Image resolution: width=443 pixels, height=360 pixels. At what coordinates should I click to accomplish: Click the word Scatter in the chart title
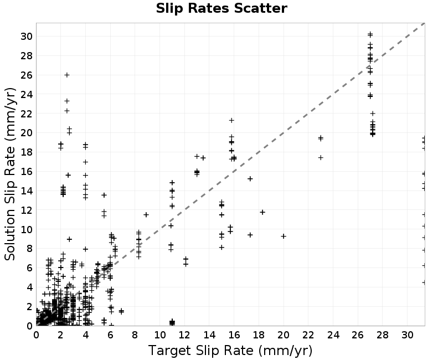click(260, 8)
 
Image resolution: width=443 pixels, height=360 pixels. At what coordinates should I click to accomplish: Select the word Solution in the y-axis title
click(10, 235)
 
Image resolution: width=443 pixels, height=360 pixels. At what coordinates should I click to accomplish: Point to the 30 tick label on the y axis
click(26, 36)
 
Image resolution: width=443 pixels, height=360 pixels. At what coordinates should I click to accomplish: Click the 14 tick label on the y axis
click(26, 191)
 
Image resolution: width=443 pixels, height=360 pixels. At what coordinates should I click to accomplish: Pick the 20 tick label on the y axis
click(26, 132)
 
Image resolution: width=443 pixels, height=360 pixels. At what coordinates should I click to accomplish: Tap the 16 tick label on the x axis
click(234, 335)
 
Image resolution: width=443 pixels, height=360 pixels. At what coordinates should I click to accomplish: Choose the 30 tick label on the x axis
click(407, 335)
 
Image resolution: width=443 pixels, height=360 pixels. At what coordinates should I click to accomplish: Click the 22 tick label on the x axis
click(308, 335)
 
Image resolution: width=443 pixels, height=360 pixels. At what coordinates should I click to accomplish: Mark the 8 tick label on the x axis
click(135, 335)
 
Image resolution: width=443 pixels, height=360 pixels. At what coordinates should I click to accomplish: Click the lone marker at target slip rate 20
click(284, 236)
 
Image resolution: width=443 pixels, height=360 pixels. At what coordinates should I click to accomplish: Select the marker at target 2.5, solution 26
click(67, 75)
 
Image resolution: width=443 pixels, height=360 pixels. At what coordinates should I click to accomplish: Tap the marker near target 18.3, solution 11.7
click(262, 212)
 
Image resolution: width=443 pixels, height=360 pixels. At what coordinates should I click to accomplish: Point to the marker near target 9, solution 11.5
click(146, 215)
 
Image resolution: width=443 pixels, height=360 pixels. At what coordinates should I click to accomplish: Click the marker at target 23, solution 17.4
click(321, 157)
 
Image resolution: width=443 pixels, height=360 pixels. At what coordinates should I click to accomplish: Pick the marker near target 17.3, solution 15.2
click(250, 178)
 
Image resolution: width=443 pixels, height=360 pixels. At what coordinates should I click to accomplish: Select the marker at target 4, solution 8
click(86, 249)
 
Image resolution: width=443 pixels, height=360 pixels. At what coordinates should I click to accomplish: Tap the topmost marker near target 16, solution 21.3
click(231, 120)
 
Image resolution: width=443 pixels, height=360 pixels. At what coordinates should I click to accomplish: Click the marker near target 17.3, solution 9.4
click(250, 235)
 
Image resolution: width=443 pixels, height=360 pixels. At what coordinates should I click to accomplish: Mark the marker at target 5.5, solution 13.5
click(104, 195)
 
